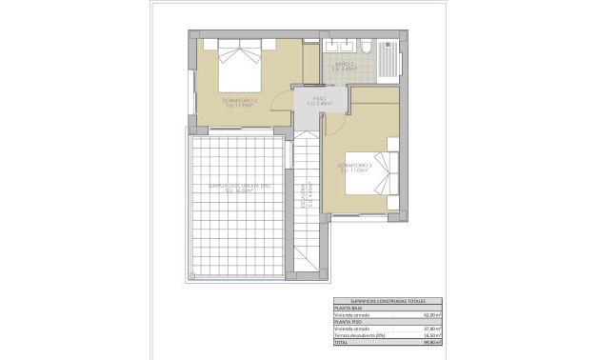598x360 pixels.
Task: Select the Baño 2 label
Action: [x=344, y=67]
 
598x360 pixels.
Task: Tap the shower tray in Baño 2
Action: [x=389, y=59]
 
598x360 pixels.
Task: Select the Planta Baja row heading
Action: [x=346, y=308]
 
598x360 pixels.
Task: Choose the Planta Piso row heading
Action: [x=346, y=322]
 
